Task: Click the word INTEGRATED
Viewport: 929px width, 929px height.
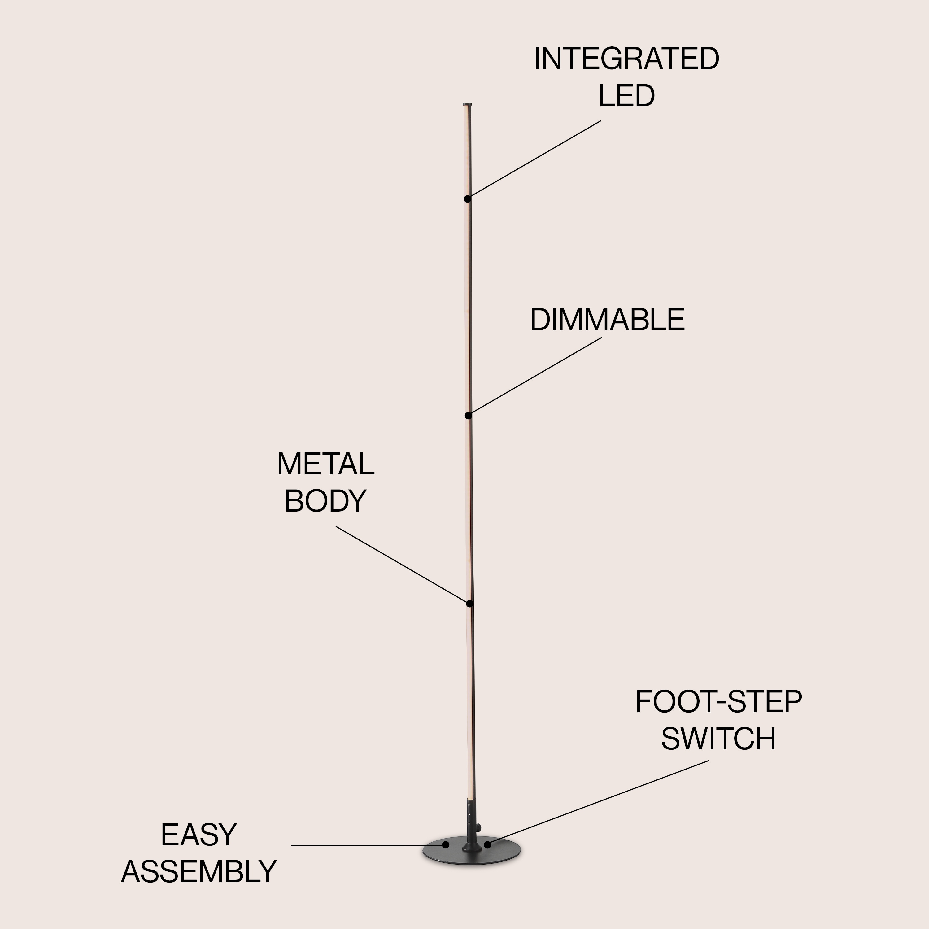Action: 626,59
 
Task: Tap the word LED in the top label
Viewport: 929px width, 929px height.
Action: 626,96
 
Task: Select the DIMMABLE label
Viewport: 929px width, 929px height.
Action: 607,320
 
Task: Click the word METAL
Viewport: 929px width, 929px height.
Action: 325,464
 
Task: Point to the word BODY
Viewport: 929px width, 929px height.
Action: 325,501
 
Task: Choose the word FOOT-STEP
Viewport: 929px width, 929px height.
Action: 718,702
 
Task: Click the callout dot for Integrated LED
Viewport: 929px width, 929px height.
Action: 467,198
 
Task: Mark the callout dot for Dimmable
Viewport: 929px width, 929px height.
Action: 468,416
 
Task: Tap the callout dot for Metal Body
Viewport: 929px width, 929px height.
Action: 470,604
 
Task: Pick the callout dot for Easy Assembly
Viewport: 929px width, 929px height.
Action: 446,845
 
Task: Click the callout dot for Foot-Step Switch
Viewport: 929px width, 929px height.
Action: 487,845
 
